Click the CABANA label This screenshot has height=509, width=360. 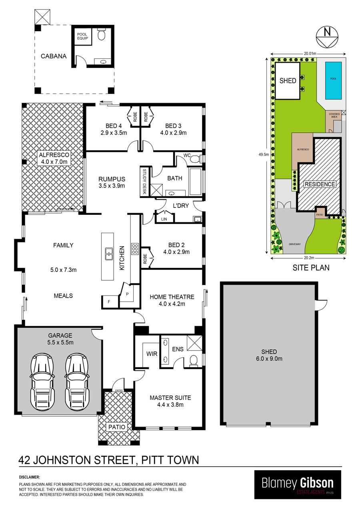[x=54, y=56]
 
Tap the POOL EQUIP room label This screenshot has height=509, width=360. [x=82, y=36]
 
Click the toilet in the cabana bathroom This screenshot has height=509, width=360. [x=101, y=34]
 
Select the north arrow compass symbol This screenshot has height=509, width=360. [x=327, y=36]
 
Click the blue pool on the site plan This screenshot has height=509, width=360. [x=333, y=80]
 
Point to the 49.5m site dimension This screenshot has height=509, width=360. [x=264, y=154]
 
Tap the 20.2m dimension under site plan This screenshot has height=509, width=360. [x=309, y=258]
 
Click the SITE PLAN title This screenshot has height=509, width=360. [x=311, y=267]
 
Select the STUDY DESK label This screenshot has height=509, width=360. [x=144, y=182]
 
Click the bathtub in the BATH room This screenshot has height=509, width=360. [x=196, y=182]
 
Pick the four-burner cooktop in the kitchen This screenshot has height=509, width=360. [x=135, y=249]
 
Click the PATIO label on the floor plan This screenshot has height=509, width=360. [x=117, y=427]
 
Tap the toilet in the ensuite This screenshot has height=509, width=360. [x=194, y=361]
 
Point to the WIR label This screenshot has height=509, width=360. [x=152, y=354]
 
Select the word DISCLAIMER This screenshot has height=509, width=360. [x=29, y=477]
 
